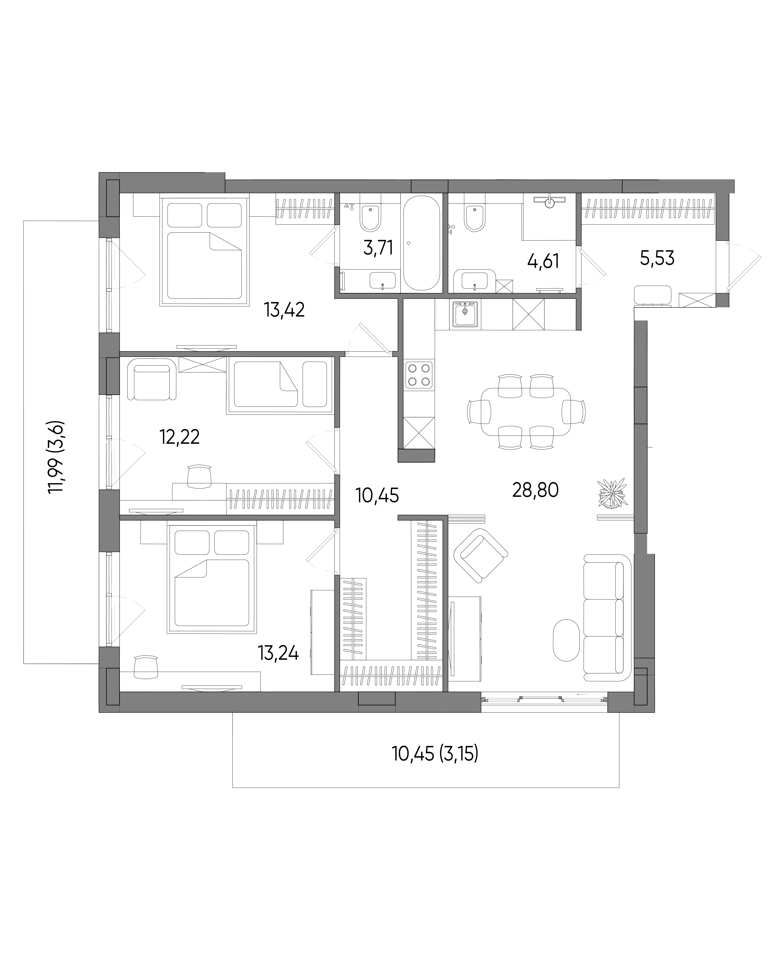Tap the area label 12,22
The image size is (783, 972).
[x=180, y=437]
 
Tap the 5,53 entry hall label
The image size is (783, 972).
[x=657, y=258]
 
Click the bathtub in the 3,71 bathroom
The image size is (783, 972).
[x=421, y=243]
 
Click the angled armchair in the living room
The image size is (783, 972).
[x=481, y=555]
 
